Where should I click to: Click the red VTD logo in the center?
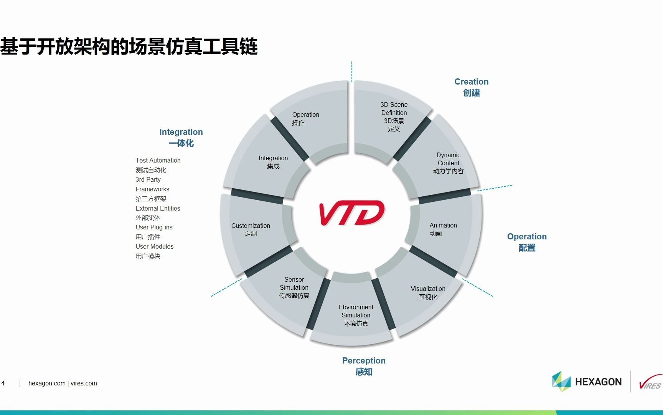click(351, 212)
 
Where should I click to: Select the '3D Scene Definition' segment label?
click(394, 116)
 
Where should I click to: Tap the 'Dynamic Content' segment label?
click(448, 163)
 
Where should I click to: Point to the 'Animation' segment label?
click(443, 229)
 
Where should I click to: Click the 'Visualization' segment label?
click(428, 292)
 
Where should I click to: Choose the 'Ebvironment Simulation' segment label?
click(356, 315)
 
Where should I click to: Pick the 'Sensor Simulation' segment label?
click(294, 287)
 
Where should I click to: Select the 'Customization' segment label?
click(251, 229)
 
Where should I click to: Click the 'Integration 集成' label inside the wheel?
click(273, 162)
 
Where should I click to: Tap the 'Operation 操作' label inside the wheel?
click(305, 118)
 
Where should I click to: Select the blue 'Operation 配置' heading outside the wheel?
click(527, 242)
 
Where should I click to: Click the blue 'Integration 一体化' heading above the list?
click(181, 137)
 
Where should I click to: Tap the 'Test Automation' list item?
click(158, 160)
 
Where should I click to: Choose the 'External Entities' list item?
click(158, 208)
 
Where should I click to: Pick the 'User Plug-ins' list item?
click(154, 227)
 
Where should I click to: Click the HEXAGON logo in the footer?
click(587, 382)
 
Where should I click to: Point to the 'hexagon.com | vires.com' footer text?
click(63, 383)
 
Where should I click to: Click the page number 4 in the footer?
click(3, 383)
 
